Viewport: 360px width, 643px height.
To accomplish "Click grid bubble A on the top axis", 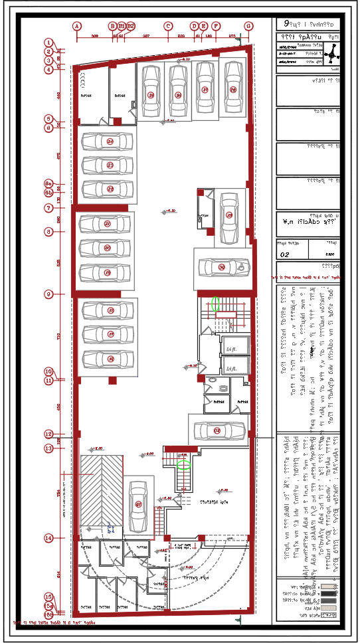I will [x=77, y=26].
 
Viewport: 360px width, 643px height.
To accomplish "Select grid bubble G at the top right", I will [x=248, y=26].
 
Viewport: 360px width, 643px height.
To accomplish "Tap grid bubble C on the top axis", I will [x=168, y=26].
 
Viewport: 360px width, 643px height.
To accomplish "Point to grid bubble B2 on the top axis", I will [x=131, y=26].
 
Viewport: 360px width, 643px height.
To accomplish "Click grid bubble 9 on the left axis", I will [x=48, y=294].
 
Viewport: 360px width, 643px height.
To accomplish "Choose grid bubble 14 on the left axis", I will [x=48, y=537].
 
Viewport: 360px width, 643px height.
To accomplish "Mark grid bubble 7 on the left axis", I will [x=48, y=208].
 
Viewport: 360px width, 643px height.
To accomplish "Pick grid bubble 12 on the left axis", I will [x=48, y=434].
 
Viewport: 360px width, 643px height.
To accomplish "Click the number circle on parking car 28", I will [x=233, y=89].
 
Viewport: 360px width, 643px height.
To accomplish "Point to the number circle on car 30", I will [x=221, y=267].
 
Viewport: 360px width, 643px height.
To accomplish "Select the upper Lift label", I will [x=232, y=348].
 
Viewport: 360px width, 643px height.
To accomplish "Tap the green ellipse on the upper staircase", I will [x=215, y=304].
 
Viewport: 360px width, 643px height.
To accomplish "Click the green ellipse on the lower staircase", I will [x=184, y=465].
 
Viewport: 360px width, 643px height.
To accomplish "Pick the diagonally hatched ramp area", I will [x=102, y=492].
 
